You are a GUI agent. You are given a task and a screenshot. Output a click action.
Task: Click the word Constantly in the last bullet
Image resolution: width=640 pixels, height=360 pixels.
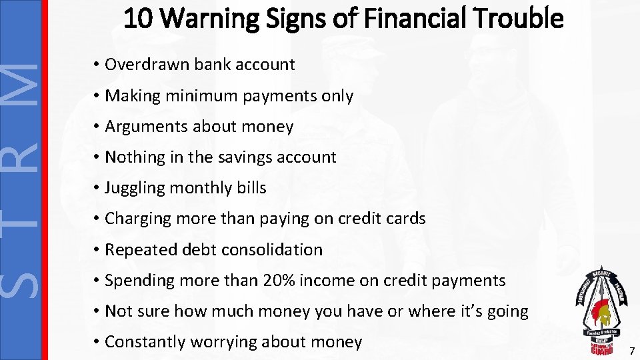pos(145,342)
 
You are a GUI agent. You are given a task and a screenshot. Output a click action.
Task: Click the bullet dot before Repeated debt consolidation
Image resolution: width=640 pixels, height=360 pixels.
pos(97,250)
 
